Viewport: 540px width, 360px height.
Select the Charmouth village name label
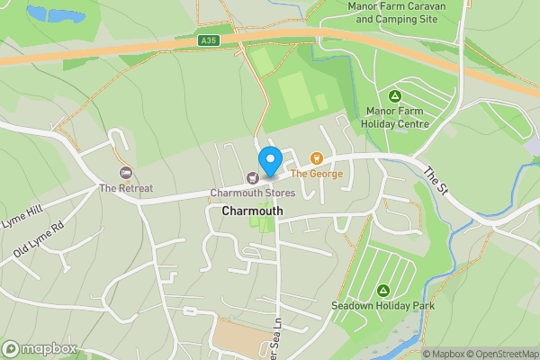pos(252,211)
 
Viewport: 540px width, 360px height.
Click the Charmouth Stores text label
pos(252,193)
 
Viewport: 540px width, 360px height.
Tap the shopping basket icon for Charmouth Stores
pos(252,176)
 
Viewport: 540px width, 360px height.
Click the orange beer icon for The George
pos(316,158)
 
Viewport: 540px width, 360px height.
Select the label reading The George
pos(316,174)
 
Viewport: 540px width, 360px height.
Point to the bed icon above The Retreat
pos(126,172)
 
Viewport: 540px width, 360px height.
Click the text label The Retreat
pos(126,188)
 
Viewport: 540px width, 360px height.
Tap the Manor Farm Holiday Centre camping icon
pos(394,96)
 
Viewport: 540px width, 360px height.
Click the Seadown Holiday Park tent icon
pos(383,291)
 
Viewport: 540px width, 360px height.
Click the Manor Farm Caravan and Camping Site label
pos(397,12)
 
